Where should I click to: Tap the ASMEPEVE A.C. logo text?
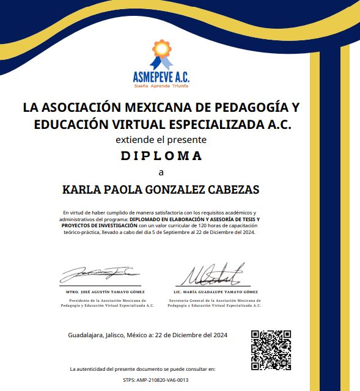tap(161, 78)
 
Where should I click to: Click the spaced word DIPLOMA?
tap(161, 156)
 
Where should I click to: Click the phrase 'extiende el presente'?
tap(161, 140)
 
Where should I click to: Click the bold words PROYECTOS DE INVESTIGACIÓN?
tap(98, 225)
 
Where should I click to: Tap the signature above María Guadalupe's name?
tap(216, 275)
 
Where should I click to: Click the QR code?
tap(271, 350)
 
